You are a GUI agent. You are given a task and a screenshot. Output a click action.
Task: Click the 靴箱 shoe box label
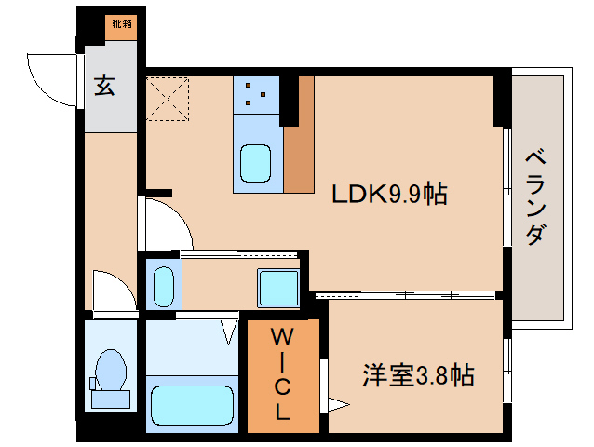pyautogui.click(x=122, y=24)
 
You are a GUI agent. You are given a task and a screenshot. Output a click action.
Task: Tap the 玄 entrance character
pyautogui.click(x=104, y=85)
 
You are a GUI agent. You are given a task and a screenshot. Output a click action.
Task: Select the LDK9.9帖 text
pyautogui.click(x=389, y=194)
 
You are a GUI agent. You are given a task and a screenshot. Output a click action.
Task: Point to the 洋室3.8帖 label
pyautogui.click(x=419, y=375)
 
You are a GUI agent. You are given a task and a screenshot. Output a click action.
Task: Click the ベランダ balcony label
pyautogui.click(x=536, y=197)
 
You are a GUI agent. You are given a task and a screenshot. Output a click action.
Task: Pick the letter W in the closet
pyautogui.click(x=283, y=336)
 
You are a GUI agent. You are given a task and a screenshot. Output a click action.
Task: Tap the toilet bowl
pyautogui.click(x=111, y=370)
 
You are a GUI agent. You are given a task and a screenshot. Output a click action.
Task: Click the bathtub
pyautogui.click(x=192, y=406)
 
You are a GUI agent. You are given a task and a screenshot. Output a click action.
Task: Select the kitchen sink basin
pyautogui.click(x=256, y=163)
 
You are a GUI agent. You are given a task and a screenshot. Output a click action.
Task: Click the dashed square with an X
pyautogui.click(x=168, y=99)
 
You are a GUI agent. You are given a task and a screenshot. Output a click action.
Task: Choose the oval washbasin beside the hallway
pyautogui.click(x=164, y=287)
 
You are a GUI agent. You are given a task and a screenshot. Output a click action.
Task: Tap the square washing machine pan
pyautogui.click(x=278, y=288)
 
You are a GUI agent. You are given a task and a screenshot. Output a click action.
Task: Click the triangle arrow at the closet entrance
pyautogui.click(x=338, y=404)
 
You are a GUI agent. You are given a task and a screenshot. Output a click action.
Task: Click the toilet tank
pyautogui.click(x=111, y=400)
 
